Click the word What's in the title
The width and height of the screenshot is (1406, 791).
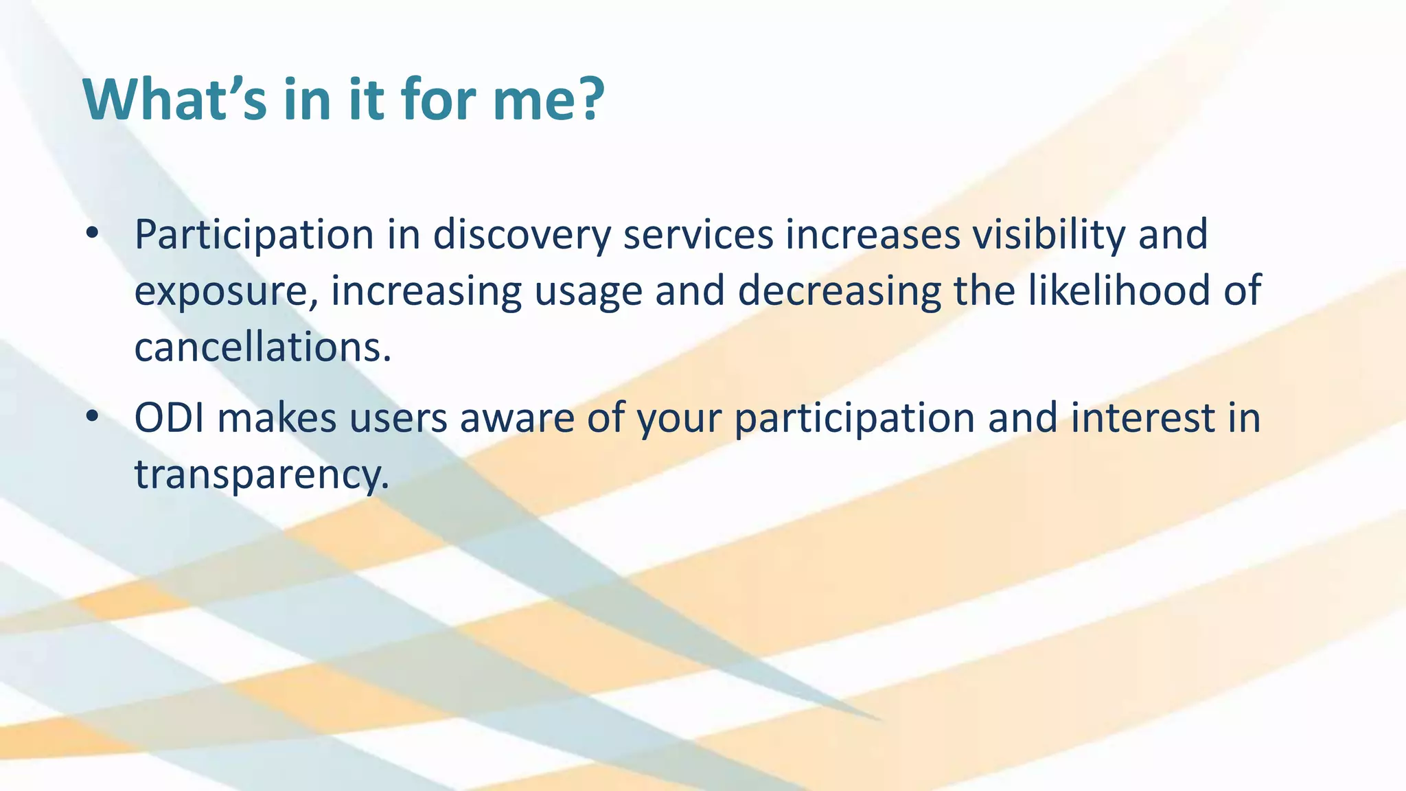tap(174, 100)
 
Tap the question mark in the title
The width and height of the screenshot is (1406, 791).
tap(589, 100)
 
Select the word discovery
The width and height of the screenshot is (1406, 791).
tap(522, 236)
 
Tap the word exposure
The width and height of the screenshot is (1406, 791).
tap(226, 292)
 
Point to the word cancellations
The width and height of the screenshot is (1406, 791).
tap(262, 347)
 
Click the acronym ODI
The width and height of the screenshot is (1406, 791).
tap(170, 417)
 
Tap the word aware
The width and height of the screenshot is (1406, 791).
tap(516, 419)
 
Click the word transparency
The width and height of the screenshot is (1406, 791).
tap(262, 475)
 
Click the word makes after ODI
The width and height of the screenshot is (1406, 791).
tap(277, 417)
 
